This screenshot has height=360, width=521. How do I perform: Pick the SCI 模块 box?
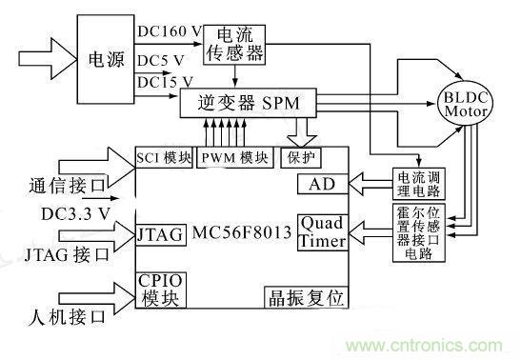coord(165,157)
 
